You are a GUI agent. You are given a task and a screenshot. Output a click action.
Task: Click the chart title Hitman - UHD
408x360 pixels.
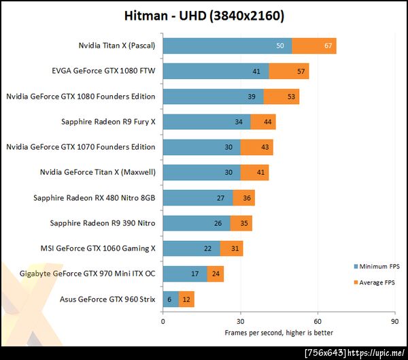coord(204,15)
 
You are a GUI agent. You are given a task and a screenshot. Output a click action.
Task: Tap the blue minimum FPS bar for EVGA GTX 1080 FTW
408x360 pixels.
coord(216,71)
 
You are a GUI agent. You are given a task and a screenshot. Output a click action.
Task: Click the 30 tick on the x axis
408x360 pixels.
coord(240,321)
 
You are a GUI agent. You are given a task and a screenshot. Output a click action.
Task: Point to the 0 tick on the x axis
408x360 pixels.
coord(163,321)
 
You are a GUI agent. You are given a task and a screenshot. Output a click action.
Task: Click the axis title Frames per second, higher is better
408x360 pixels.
coord(279,333)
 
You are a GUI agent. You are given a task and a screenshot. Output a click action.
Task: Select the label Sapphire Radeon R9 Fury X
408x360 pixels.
coord(108,122)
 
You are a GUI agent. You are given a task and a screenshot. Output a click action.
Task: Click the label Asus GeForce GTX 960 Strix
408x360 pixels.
coord(107,299)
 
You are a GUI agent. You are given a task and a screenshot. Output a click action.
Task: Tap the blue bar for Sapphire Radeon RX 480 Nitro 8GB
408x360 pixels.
coord(197,198)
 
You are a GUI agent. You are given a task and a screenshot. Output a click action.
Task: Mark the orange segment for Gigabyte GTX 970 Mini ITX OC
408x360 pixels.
coord(215,274)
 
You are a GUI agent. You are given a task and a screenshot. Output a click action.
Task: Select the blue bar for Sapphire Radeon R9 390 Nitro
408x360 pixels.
coord(196,223)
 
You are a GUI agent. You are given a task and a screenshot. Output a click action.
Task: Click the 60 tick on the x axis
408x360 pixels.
coord(317,321)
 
